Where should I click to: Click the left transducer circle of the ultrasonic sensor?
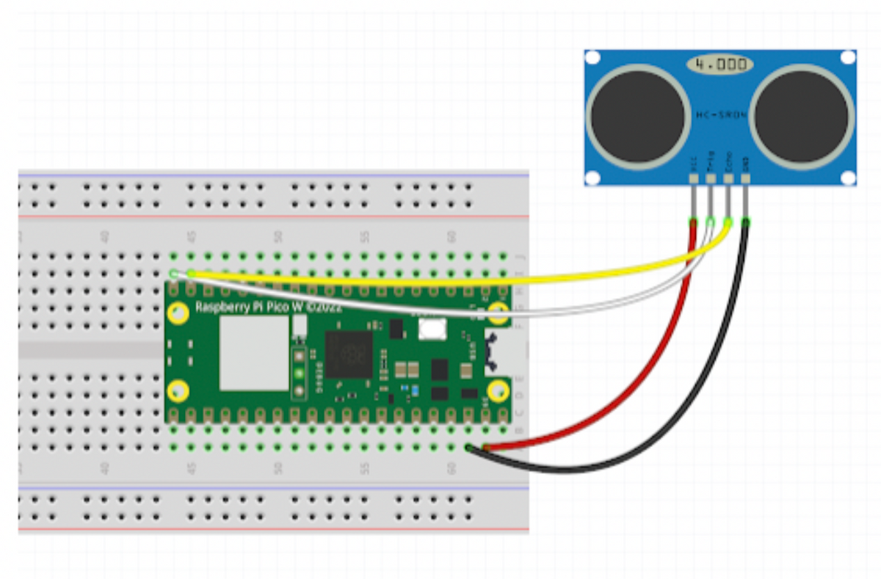pos(637,115)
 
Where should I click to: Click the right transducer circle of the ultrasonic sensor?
pos(802,115)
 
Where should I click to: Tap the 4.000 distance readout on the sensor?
pos(720,65)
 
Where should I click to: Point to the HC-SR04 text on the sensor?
pos(720,115)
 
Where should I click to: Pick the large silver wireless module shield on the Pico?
pos(254,353)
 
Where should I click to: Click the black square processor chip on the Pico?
pos(349,354)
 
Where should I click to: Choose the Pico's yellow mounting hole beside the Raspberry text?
pos(177,313)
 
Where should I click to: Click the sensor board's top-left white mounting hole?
pos(592,57)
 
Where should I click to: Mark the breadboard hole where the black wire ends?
pos(468,447)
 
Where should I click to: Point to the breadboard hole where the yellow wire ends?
pos(191,274)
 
